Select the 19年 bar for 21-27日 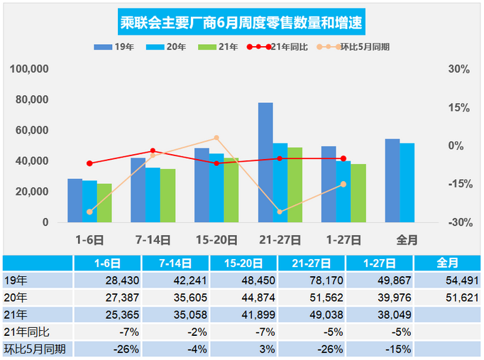tap(265, 163)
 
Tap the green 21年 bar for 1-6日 tap(105, 203)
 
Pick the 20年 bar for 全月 tap(407, 182)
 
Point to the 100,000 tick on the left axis tap(31, 70)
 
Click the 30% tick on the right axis tap(459, 70)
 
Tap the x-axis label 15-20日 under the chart tap(215, 239)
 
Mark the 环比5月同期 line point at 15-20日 tap(216, 138)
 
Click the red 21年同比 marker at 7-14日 tap(153, 151)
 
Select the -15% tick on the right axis tap(459, 184)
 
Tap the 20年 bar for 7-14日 tap(153, 195)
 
